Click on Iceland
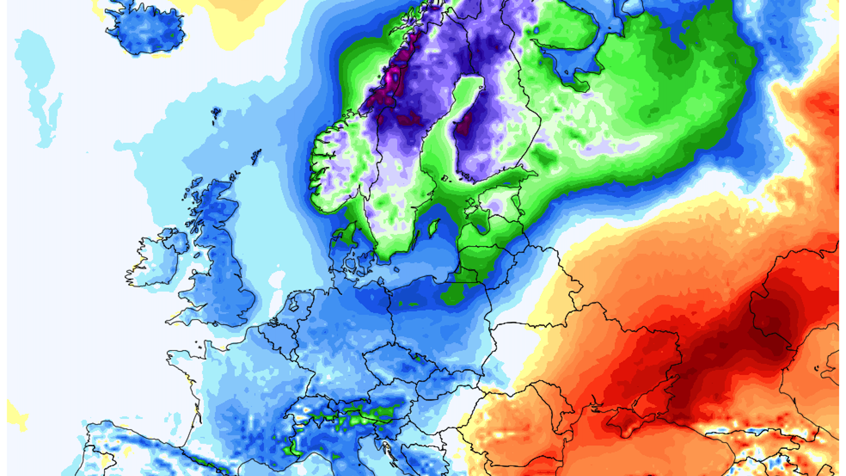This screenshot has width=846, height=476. coord(145,29)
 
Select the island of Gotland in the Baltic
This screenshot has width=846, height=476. coord(434,227)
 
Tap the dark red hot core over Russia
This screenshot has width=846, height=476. coord(771,326)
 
